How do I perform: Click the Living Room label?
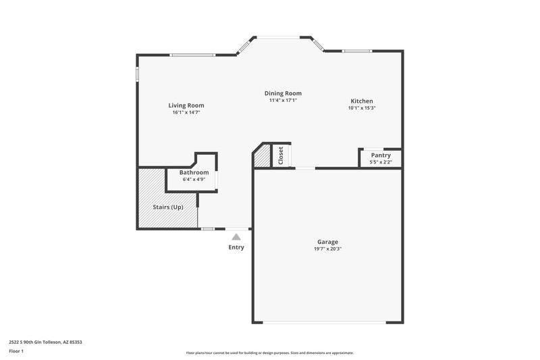tap(186, 105)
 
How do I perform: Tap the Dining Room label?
tap(283, 93)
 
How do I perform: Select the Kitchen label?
tap(361, 101)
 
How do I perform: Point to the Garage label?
tap(327, 242)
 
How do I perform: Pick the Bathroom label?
tap(194, 172)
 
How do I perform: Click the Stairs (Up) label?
tap(167, 207)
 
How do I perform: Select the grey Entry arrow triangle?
tap(236, 236)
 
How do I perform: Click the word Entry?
tap(236, 247)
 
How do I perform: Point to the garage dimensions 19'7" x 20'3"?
tap(327, 249)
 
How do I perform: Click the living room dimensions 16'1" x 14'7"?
tap(186, 112)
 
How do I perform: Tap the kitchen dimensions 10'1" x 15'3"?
tap(361, 107)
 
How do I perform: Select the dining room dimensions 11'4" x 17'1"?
tap(283, 100)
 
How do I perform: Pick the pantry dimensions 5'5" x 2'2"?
tap(381, 162)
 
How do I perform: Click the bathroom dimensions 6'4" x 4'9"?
tap(194, 179)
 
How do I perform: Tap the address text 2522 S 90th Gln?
tap(46, 342)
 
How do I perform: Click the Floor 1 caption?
tap(16, 352)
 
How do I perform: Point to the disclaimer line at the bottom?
tap(269, 353)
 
